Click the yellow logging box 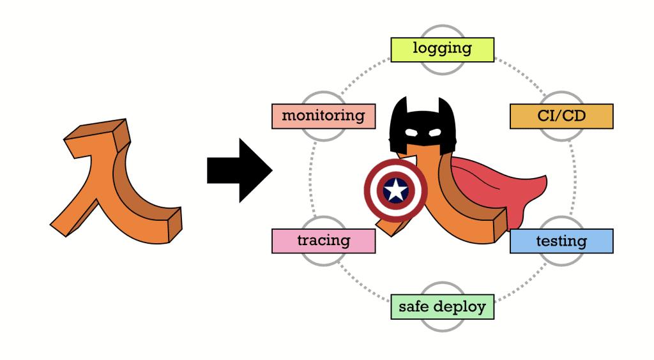pos(442,50)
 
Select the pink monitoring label pos(323,116)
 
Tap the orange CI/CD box pos(561,116)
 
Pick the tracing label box pos(323,241)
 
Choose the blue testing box pos(561,241)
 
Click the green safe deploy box pos(442,307)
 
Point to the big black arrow pos(240,170)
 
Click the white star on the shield pos(395,190)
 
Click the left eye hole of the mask pos(411,133)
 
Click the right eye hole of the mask pos(434,133)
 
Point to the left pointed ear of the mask pos(400,104)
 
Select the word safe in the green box pos(414,306)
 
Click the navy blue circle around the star pos(395,190)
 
